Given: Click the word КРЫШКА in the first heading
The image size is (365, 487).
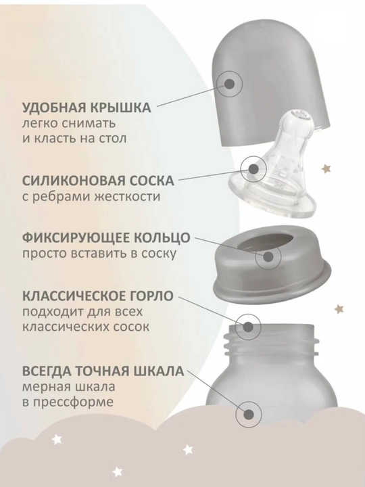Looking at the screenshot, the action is click(120, 108).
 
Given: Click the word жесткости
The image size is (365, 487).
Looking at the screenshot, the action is click(126, 197).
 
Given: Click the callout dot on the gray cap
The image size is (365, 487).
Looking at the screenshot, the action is click(229, 84).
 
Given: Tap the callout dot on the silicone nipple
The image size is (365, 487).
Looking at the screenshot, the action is click(253, 168).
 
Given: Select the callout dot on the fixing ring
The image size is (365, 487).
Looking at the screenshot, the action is click(268, 257).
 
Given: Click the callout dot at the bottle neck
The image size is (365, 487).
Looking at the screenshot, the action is click(247, 327).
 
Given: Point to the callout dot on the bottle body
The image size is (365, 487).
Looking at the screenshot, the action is click(249, 415).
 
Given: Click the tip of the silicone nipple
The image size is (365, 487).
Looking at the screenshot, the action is click(299, 116).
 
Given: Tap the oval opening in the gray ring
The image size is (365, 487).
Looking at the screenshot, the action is click(266, 245).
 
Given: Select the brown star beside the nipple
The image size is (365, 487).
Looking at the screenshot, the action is click(326, 169).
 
